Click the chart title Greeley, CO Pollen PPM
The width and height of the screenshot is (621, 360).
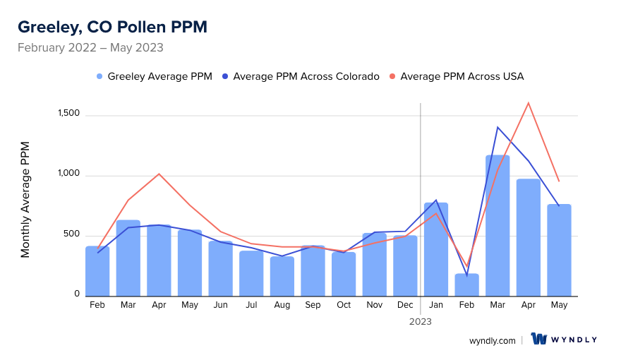pos(112,27)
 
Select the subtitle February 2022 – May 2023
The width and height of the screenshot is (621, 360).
pos(90,48)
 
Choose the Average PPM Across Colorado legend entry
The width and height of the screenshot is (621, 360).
pos(301,76)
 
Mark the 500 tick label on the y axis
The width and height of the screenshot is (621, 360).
pos(72,234)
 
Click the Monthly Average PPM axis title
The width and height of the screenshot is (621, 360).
pos(25,200)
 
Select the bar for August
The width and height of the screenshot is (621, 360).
pos(282,276)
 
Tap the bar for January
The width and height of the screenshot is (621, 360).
pos(436,249)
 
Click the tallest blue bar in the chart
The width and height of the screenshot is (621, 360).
pos(498,225)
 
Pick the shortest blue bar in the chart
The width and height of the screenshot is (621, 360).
pos(466,285)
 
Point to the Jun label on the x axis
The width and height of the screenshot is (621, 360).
pos(220,305)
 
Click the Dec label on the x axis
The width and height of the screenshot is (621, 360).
pos(405,305)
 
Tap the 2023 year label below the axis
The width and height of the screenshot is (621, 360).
pos(421,321)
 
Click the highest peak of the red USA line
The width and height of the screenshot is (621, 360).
pos(528,103)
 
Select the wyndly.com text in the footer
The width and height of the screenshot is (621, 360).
pos(493,340)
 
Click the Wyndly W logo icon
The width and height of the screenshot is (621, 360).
pos(539,340)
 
